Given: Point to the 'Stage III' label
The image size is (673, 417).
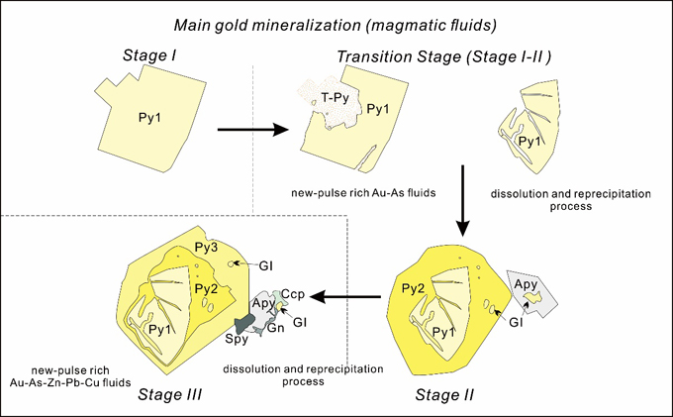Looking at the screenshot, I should (171, 395).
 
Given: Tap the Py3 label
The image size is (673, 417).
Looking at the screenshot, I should (205, 249).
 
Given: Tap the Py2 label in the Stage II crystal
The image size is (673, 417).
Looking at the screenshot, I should (413, 287).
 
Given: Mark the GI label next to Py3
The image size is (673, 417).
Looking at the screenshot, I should (266, 265).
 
